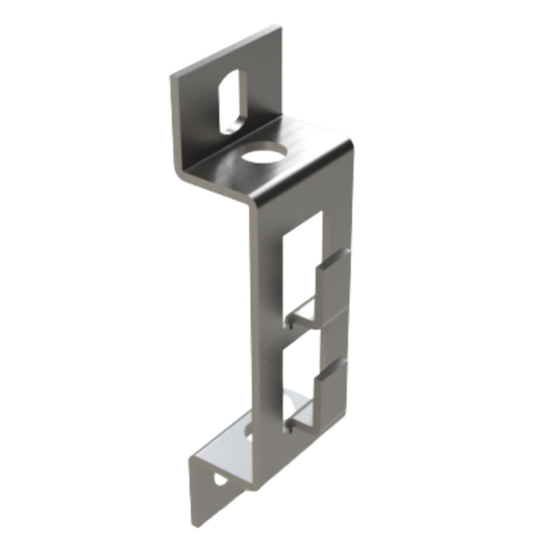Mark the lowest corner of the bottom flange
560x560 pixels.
pyautogui.click(x=195, y=523)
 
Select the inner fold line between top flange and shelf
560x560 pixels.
pyautogui.click(x=233, y=142)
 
